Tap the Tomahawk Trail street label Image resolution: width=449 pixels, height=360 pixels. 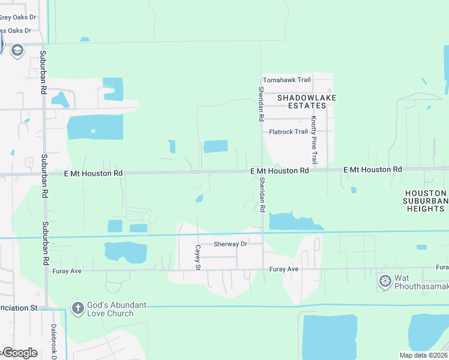point(286,80)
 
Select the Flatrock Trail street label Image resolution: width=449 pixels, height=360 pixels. point(288,131)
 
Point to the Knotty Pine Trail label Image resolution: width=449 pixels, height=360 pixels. point(313,140)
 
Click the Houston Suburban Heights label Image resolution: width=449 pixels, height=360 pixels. point(426,200)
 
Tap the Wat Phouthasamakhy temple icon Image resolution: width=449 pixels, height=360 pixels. point(384,281)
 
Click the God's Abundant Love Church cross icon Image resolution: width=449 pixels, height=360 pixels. point(77,308)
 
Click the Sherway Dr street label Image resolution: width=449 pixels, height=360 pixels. point(231,244)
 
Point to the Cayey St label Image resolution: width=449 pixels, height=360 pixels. point(197,257)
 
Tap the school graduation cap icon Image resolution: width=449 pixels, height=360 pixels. point(17,49)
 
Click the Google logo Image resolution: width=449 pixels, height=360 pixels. point(20,353)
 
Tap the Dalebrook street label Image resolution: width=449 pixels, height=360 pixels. point(53,341)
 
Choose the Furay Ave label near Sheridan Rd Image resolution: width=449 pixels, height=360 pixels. point(284,269)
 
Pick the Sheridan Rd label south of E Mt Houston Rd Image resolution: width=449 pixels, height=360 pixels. point(262,195)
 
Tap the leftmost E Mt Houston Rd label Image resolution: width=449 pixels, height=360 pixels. point(93,173)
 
